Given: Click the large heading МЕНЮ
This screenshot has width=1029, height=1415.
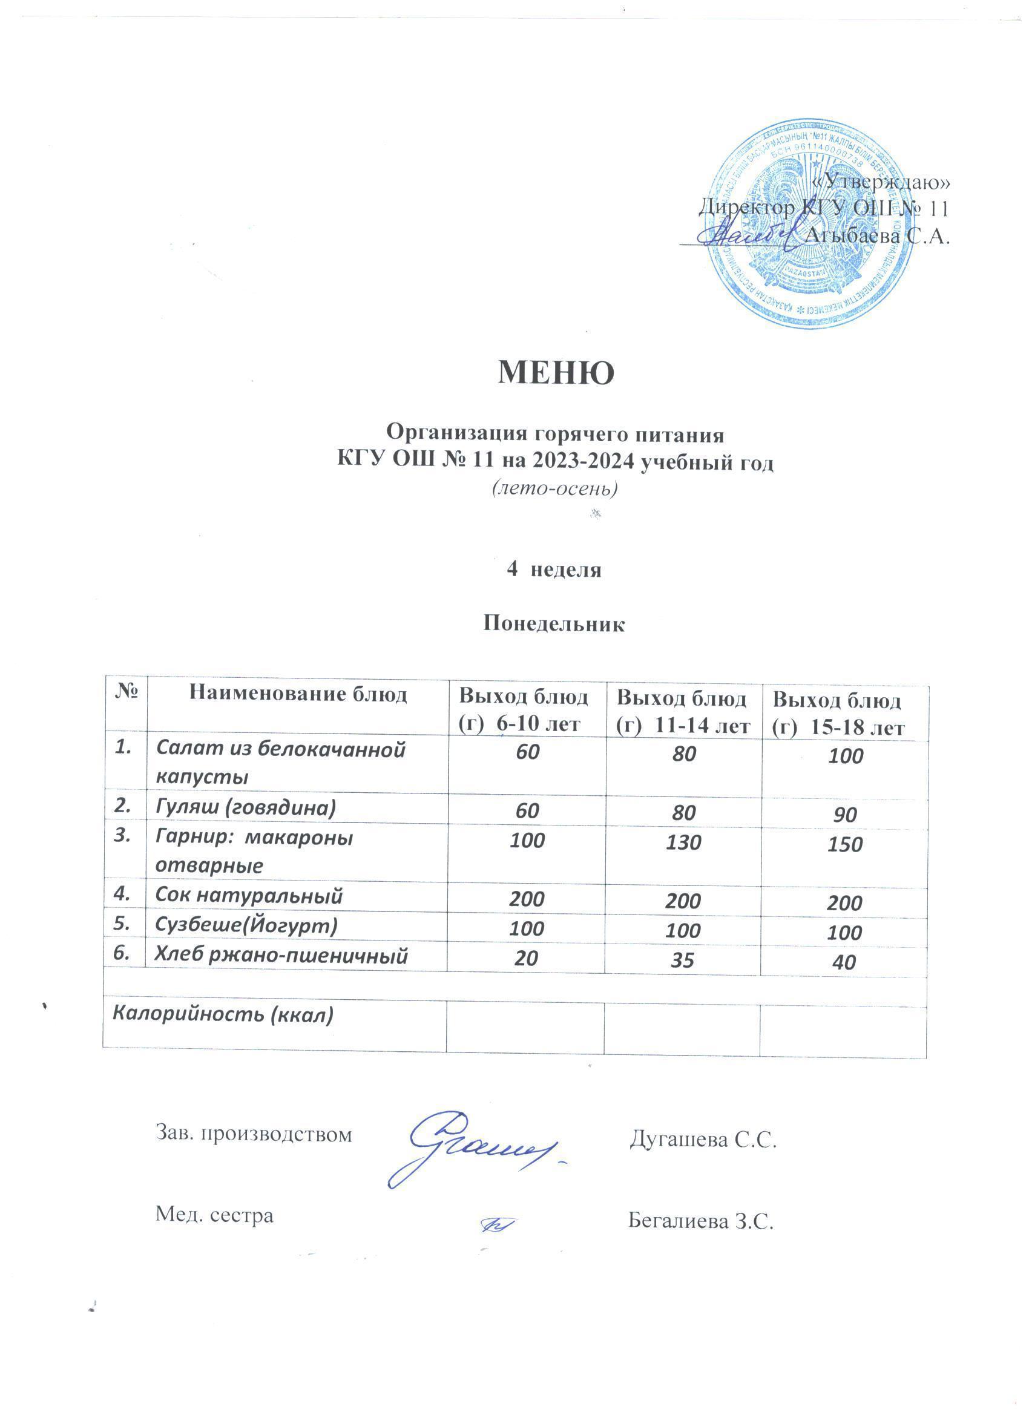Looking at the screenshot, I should [556, 372].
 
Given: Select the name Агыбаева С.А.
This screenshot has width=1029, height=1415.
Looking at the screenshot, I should [877, 236].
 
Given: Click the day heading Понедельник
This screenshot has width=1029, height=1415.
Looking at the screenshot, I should [554, 624].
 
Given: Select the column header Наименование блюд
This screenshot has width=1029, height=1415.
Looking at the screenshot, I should [298, 694].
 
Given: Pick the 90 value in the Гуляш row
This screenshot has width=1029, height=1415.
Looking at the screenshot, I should [845, 815].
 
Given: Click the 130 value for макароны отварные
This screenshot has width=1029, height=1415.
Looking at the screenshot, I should [683, 843].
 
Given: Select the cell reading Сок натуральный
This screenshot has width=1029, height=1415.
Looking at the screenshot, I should [249, 896].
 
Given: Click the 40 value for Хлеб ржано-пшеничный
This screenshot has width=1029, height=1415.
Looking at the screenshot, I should [845, 962].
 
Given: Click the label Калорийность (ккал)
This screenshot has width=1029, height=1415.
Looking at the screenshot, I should [222, 1015].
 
